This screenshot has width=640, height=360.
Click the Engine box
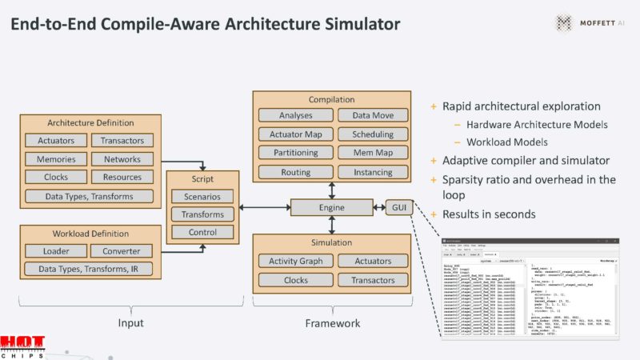[332, 208]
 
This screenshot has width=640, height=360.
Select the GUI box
[398, 208]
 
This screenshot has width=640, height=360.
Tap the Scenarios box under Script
[202, 196]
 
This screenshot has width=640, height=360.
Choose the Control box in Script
[202, 233]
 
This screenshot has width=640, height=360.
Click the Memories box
[56, 159]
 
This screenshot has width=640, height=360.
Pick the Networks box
[122, 159]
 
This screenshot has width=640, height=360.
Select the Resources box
[122, 178]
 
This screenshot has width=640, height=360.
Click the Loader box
[56, 251]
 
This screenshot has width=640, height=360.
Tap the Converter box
[121, 251]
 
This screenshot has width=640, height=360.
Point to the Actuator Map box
[296, 134]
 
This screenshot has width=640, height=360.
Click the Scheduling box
[373, 134]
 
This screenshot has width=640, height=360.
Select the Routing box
[296, 172]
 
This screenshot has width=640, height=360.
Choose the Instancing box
[373, 172]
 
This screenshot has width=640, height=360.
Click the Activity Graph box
[296, 261]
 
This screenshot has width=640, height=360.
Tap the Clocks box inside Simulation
[296, 280]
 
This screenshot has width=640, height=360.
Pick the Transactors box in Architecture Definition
[122, 141]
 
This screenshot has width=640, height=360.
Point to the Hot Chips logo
[22, 346]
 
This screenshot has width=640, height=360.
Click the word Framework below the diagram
[333, 323]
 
